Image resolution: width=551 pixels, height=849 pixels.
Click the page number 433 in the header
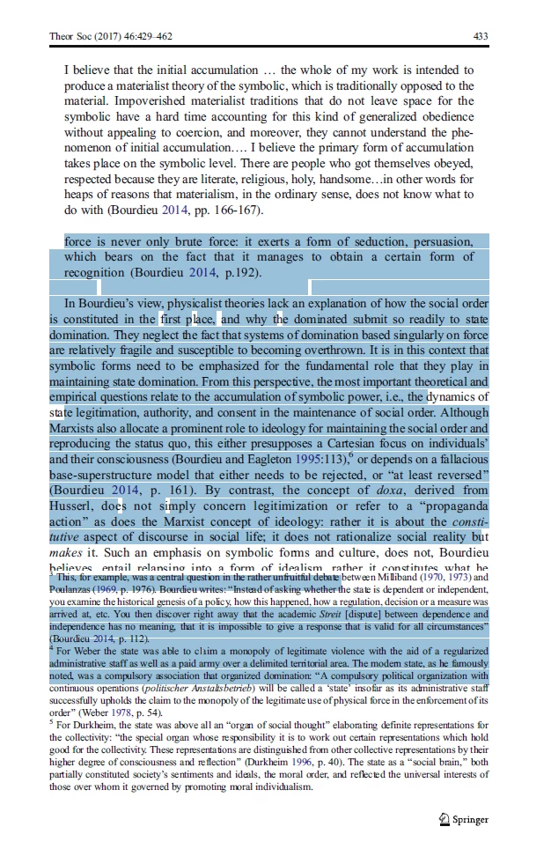click(x=480, y=36)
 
